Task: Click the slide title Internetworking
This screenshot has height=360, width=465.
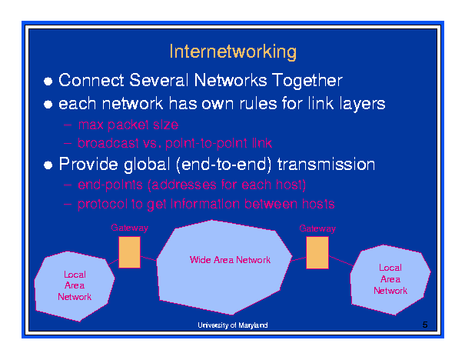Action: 232,52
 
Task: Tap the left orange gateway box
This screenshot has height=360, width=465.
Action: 129,252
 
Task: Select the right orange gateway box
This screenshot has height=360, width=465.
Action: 317,252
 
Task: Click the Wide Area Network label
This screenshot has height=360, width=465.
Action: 230,260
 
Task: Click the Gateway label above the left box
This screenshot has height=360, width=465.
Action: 129,228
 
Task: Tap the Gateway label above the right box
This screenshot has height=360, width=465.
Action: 317,228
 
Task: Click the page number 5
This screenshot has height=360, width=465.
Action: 424,325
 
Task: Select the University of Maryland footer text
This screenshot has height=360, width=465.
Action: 232,326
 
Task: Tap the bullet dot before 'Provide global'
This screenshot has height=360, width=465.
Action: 48,165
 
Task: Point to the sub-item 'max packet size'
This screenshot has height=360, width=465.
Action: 128,124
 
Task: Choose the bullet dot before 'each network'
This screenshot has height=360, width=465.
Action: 48,104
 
